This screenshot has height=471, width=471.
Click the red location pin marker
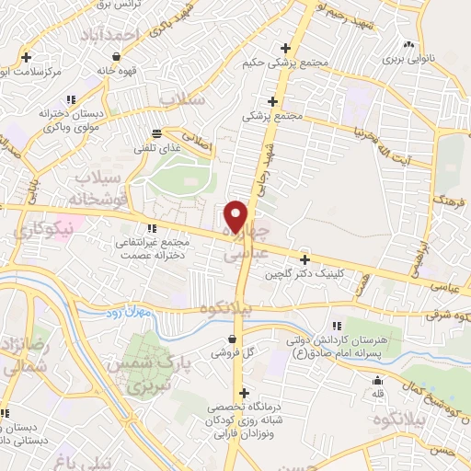click(x=236, y=216)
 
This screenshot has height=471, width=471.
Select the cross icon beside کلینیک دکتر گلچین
click(x=305, y=259)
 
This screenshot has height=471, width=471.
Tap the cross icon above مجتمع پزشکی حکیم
click(x=285, y=48)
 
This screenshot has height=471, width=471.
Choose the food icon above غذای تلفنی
click(x=157, y=132)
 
